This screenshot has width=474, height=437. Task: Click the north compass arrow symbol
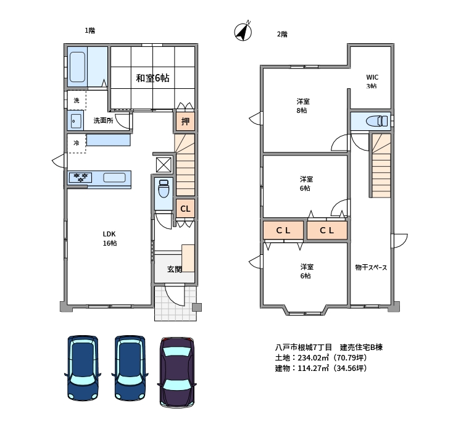pos(243,31)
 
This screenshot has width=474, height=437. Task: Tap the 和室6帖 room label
pos(152,78)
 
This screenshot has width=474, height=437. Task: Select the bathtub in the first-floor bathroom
pos(77,67)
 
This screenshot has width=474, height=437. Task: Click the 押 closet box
pos(185,122)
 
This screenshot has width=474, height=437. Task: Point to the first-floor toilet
pos(164,188)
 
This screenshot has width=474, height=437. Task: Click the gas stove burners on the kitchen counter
pos(80,177)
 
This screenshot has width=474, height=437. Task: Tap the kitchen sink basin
pos(114,177)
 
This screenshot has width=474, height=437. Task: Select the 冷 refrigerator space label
pos(77,143)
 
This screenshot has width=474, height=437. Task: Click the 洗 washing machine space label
pos(77,101)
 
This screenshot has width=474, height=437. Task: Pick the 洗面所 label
pos(104,120)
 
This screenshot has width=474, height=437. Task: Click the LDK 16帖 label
pos(109,238)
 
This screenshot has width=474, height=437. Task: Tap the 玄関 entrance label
pos(175,269)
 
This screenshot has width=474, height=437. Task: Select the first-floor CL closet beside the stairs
pos(185,209)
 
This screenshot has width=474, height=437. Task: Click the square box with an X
pos(164,165)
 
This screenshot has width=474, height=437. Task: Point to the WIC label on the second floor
pos(372,77)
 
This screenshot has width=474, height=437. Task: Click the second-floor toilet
pos(376,121)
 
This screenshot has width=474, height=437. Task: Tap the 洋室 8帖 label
pos(302,106)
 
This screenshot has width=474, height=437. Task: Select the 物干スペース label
pos(371,267)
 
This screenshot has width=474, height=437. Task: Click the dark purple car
pos(177,372)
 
